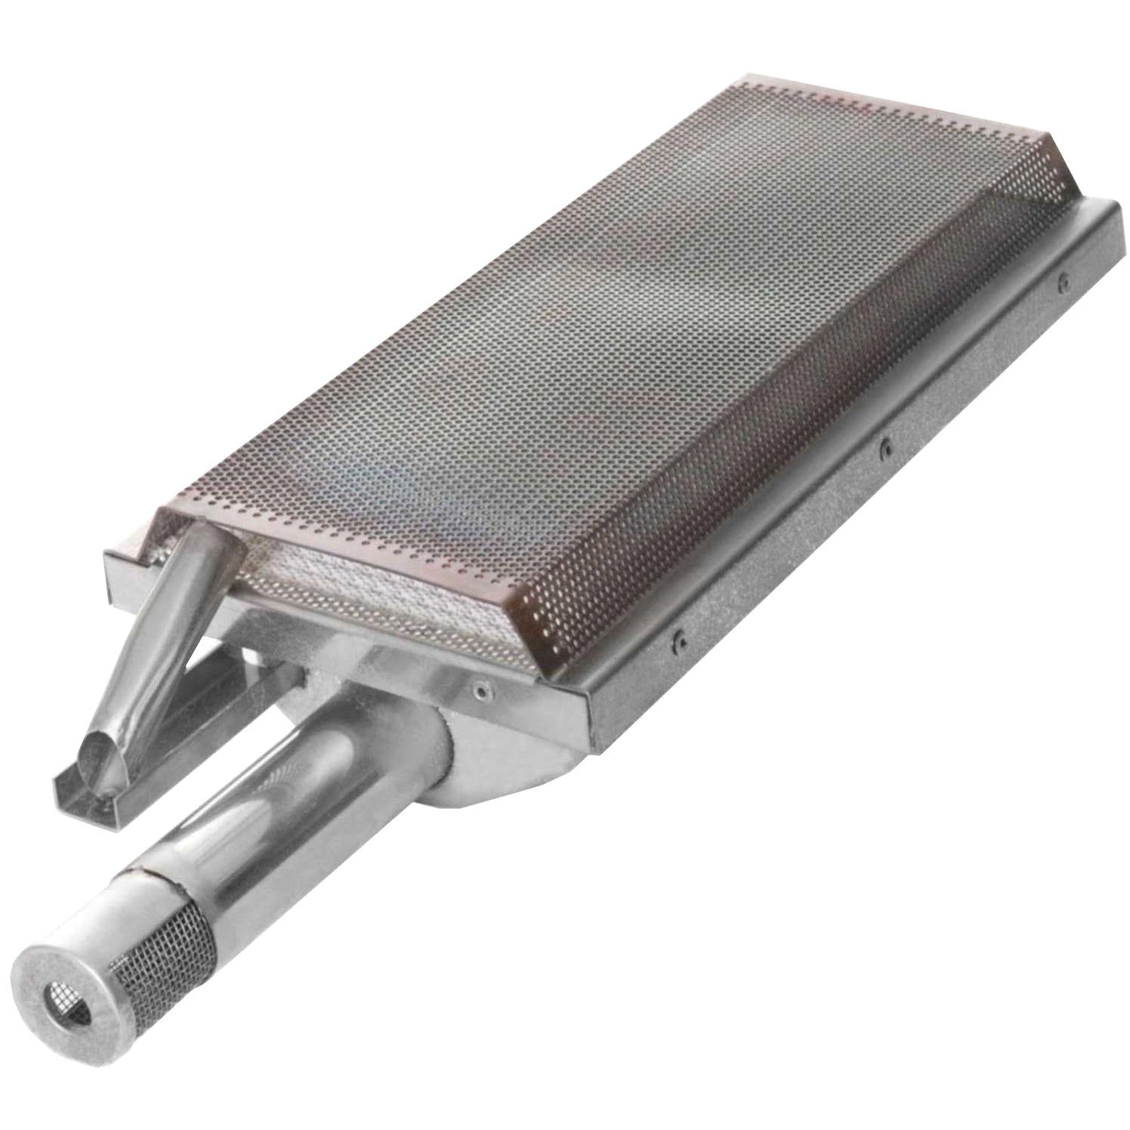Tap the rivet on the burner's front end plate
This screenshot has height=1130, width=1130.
click(x=478, y=688)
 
